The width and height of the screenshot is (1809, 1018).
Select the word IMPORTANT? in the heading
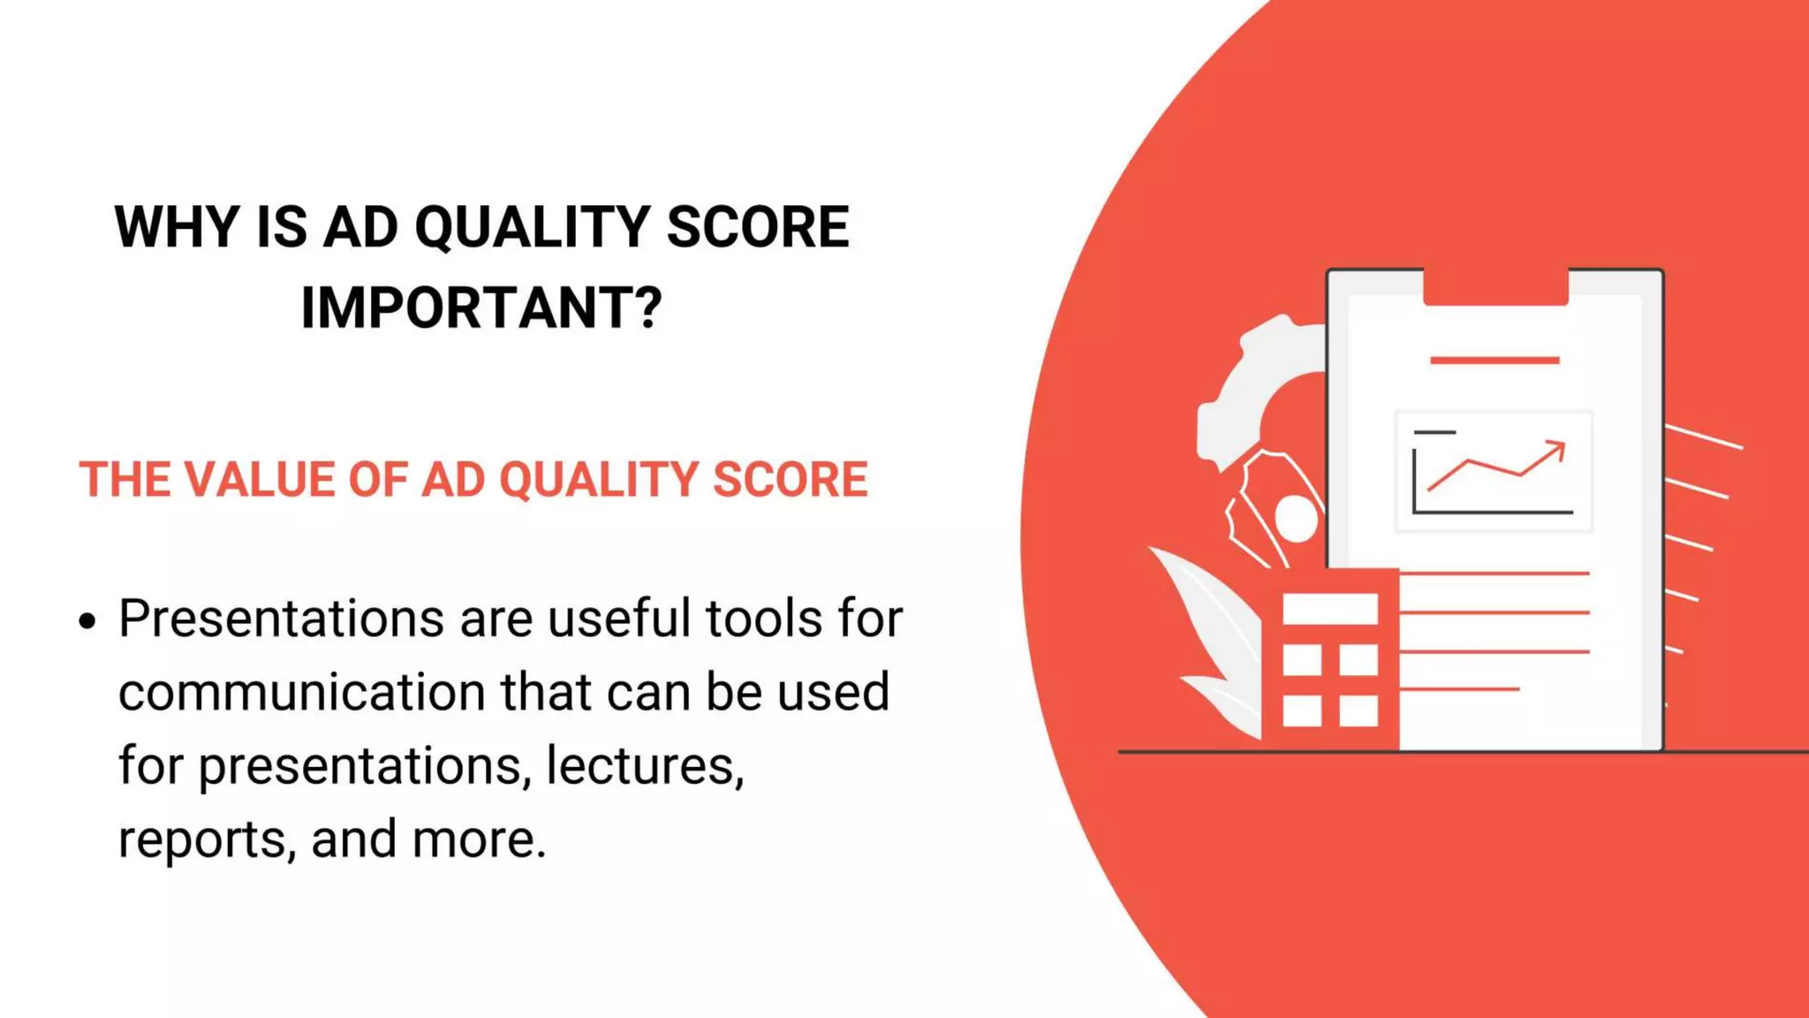[x=481, y=308]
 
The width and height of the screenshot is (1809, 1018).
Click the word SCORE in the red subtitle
[x=790, y=480]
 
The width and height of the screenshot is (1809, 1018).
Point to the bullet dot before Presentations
[x=87, y=621]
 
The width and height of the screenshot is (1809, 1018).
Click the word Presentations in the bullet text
[x=281, y=619]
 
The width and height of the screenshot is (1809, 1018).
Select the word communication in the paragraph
[x=301, y=692]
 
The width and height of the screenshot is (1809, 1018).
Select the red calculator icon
[x=1330, y=659]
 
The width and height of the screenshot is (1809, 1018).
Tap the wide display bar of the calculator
[x=1330, y=610]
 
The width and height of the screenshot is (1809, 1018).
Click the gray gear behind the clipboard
[x=1254, y=389]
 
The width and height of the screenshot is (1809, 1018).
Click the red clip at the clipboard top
[x=1495, y=287]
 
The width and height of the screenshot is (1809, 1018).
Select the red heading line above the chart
[x=1495, y=361]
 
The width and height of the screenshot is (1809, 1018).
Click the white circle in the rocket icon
[x=1296, y=519]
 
